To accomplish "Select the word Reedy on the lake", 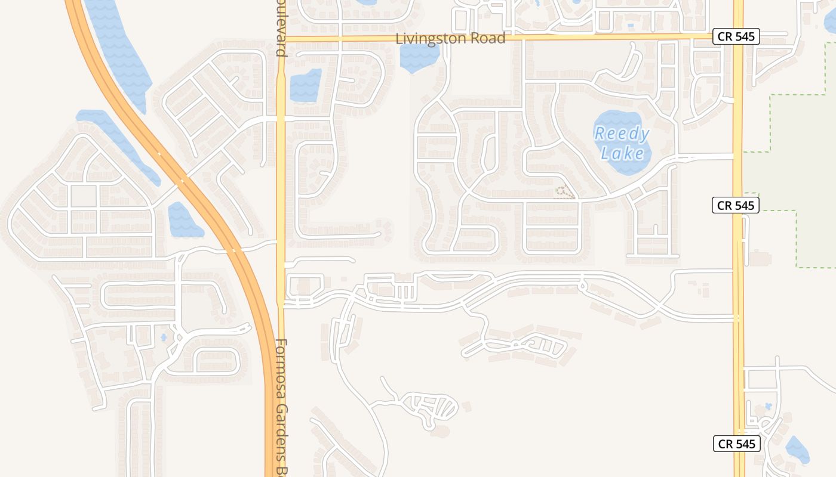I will pyautogui.click(x=622, y=134).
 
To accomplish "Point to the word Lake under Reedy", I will pyautogui.click(x=622, y=154).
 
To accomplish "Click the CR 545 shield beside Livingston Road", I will pyautogui.click(x=736, y=36).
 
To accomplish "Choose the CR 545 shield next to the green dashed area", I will pyautogui.click(x=736, y=206).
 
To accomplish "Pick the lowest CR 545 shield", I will pyautogui.click(x=737, y=444).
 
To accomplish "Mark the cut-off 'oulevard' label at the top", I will pyautogui.click(x=281, y=28).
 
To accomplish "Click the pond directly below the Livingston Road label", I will pyautogui.click(x=419, y=57).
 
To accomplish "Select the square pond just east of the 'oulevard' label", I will pyautogui.click(x=305, y=85).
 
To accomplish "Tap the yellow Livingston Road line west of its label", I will pyautogui.click(x=334, y=39).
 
